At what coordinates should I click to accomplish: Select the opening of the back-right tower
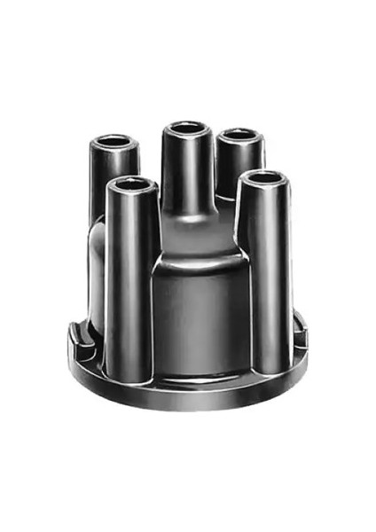click(239, 138)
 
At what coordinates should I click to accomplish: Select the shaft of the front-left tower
click(132, 284)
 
